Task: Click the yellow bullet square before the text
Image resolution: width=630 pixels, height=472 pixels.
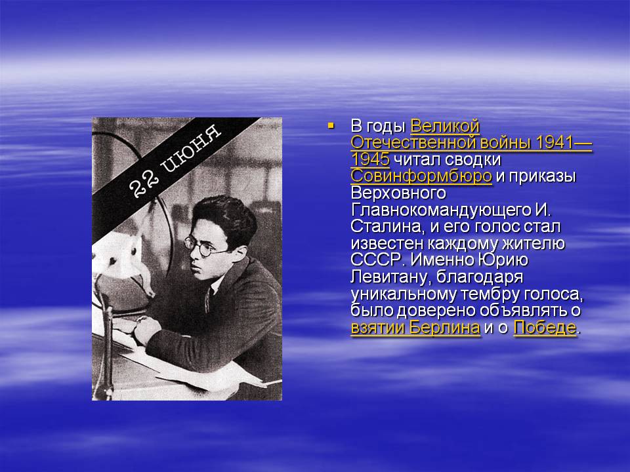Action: click(331, 126)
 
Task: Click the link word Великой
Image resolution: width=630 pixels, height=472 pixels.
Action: click(445, 127)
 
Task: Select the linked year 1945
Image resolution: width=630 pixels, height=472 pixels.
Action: click(370, 160)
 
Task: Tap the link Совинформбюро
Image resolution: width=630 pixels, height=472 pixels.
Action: click(421, 176)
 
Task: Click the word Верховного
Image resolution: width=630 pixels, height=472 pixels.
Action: click(398, 193)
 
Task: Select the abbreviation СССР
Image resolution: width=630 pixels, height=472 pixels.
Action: click(377, 260)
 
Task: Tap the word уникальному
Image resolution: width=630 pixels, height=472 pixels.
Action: click(404, 294)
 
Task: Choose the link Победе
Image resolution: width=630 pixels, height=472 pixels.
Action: click(545, 328)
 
